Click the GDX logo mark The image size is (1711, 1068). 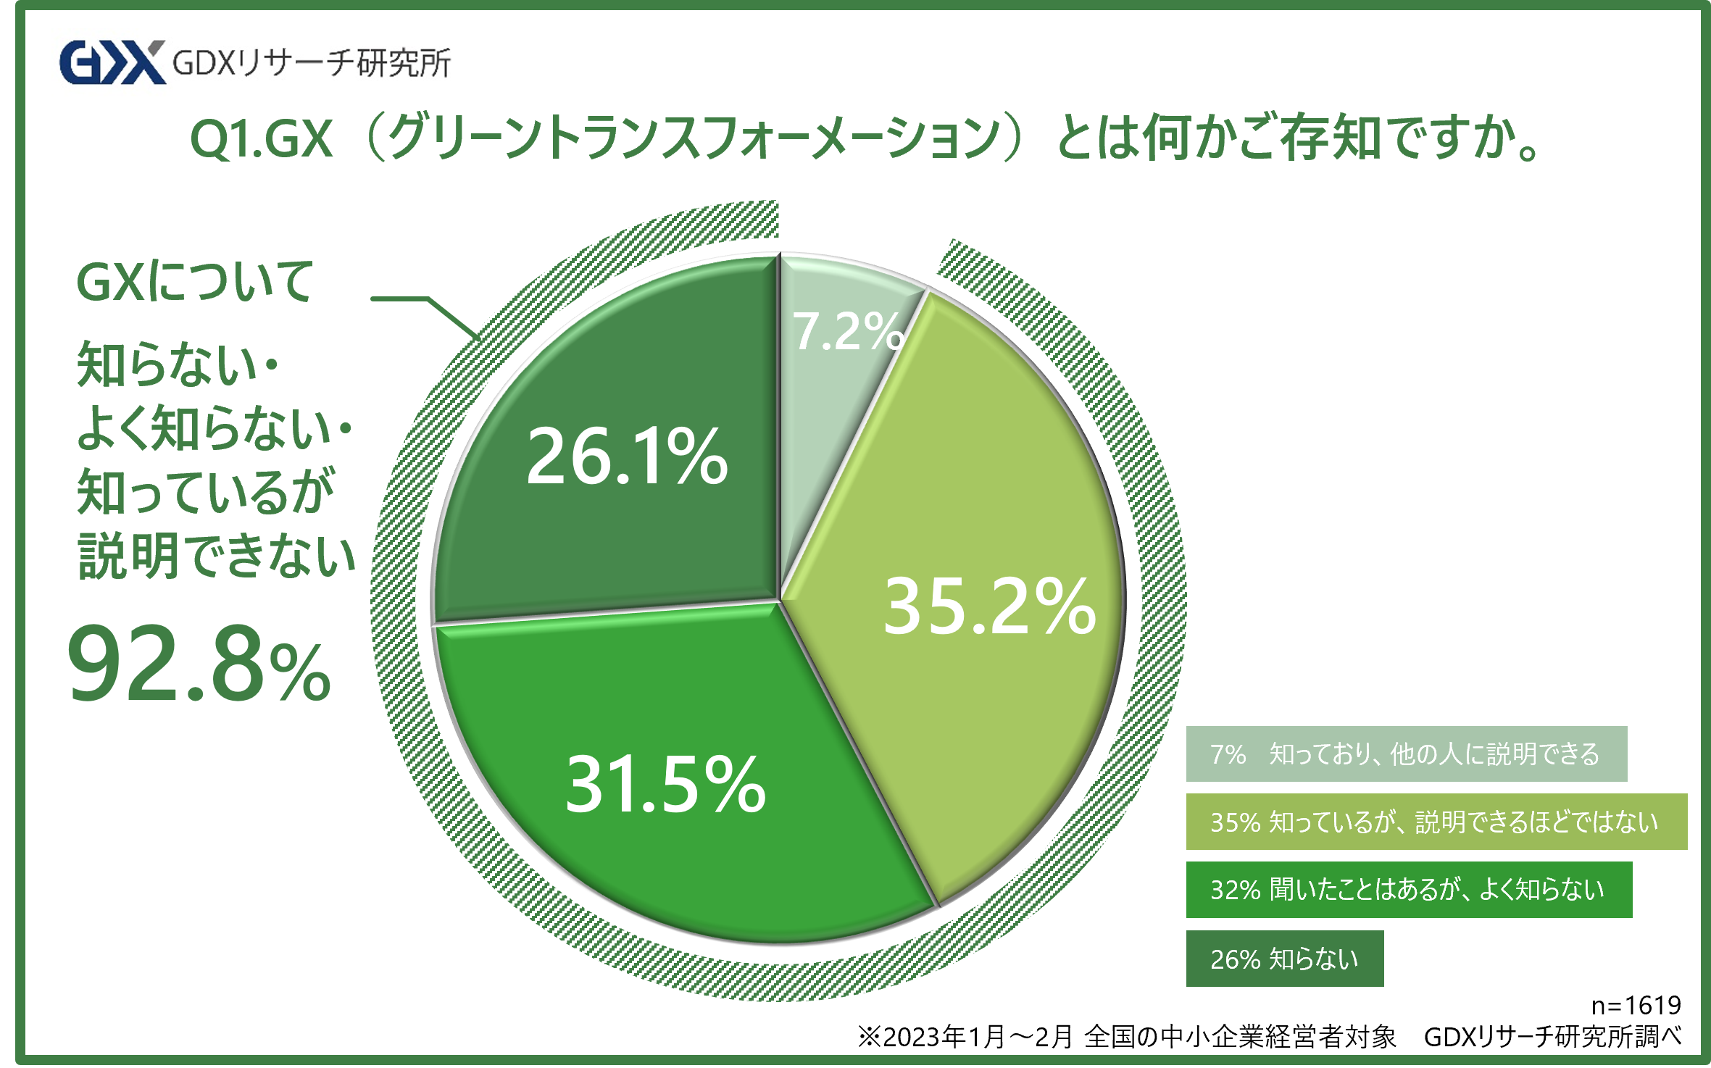pos(112,62)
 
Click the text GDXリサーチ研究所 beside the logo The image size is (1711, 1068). pos(312,63)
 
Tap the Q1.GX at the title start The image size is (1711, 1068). pos(261,138)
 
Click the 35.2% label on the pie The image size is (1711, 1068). pos(989,606)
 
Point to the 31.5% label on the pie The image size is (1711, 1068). pos(665,784)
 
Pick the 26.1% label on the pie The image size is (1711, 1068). pos(627,456)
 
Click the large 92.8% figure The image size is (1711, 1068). pos(199,665)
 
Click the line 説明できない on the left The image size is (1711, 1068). pos(216,556)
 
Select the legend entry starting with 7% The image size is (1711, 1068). pos(1406,754)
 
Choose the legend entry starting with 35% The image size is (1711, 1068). pos(1436,822)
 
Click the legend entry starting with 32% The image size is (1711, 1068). pos(1408,890)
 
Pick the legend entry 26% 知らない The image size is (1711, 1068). pos(1284,959)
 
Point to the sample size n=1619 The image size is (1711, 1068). pos(1636,1005)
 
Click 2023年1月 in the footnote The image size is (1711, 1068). pos(942,1037)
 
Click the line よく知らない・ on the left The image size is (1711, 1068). pos(215,429)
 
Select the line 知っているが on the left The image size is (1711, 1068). pos(206,493)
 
